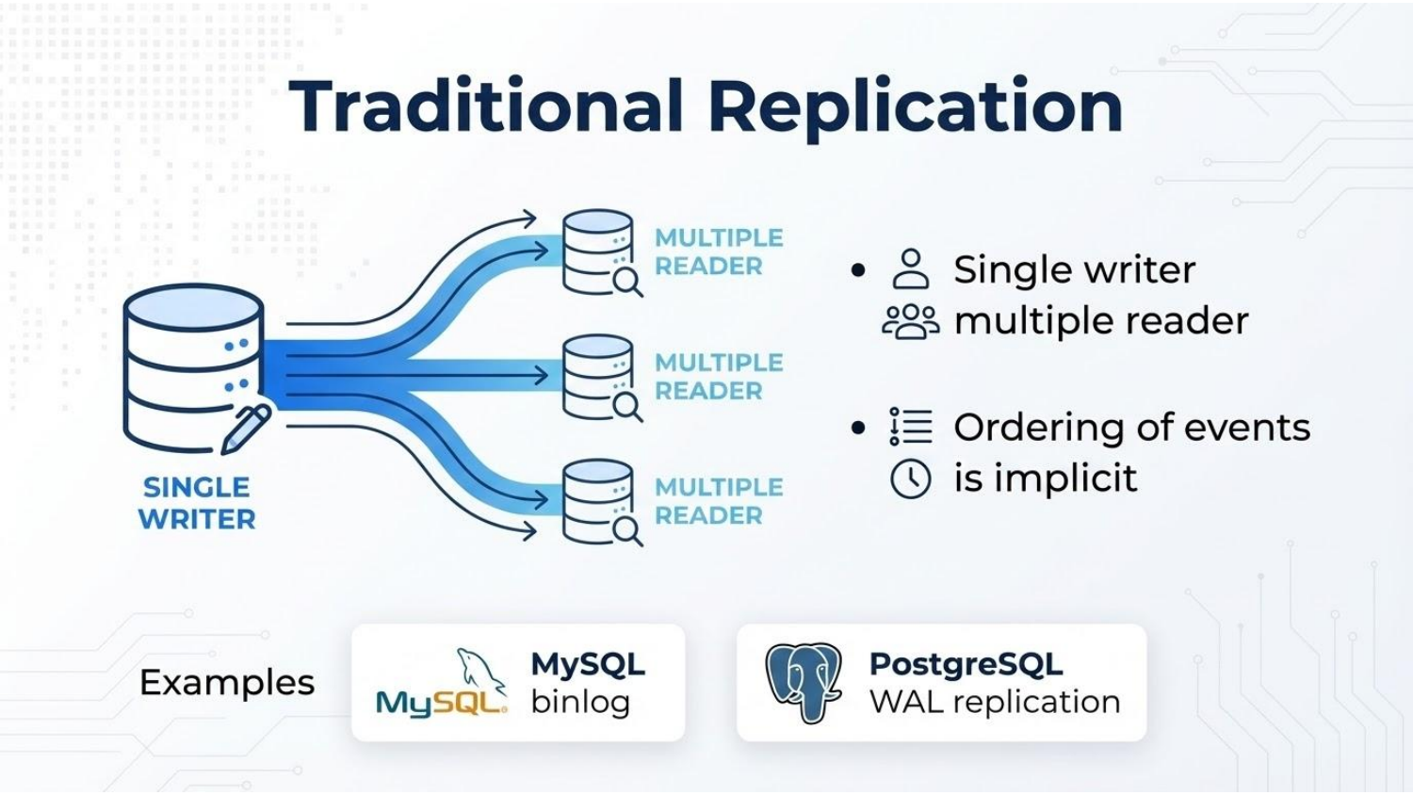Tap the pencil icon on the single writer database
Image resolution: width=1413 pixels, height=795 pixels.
(245, 429)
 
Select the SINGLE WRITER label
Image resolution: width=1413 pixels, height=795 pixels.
(197, 503)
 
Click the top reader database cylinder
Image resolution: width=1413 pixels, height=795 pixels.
(597, 251)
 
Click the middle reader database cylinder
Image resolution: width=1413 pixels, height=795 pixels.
(597, 375)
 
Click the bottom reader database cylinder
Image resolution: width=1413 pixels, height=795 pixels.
(597, 499)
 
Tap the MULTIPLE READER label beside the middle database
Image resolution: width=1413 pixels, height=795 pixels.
(718, 377)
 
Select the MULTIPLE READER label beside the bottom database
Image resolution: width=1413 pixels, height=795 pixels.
(718, 501)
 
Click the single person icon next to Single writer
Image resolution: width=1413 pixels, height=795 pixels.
(910, 269)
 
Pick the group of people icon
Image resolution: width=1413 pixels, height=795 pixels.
(910, 321)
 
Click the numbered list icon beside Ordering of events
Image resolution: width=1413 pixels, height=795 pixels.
(910, 427)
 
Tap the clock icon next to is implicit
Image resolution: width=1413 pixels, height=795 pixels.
(910, 479)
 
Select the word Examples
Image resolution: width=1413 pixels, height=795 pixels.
(227, 682)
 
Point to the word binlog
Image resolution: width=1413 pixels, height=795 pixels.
(579, 702)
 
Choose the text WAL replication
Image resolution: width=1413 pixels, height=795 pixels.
(994, 702)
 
